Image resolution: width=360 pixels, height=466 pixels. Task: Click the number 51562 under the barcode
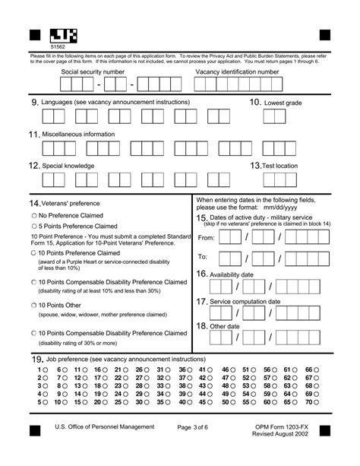pos(57,47)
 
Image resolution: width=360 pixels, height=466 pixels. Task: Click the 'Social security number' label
pos(93,71)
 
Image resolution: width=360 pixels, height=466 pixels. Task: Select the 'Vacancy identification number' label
pos(237,71)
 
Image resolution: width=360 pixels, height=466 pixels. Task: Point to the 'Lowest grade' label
pos(285,103)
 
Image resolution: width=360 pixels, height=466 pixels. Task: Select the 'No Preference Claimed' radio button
pos(34,215)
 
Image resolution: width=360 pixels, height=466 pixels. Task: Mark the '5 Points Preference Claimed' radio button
pos(34,226)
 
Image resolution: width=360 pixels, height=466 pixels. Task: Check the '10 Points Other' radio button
pos(34,305)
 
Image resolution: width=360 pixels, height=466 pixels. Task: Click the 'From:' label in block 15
pos(206,238)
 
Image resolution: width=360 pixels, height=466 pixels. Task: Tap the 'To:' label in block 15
pos(203,258)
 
